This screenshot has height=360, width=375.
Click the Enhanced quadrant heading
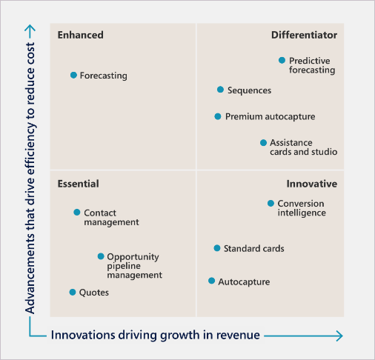point(81,35)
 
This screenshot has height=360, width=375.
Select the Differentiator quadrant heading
point(304,35)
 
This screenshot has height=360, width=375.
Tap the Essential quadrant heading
point(79,184)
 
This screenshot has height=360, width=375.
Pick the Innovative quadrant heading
point(312,184)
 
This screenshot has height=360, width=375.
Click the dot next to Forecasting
point(73,75)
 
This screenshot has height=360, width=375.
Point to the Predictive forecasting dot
point(282,60)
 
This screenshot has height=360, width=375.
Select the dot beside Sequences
point(220,90)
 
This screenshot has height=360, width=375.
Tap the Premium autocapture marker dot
point(218,116)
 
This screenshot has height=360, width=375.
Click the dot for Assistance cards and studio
point(263,142)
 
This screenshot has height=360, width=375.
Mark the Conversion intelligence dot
point(271,203)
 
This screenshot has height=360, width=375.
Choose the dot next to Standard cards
point(217,248)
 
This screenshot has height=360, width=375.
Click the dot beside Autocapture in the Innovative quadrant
point(211,281)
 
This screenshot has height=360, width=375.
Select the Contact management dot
point(77,212)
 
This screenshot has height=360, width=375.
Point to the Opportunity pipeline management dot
point(101,256)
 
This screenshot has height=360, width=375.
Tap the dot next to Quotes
point(73,292)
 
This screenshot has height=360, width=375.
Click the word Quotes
point(94,293)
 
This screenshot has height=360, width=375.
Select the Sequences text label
point(249,90)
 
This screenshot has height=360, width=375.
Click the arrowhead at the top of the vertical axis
point(30,27)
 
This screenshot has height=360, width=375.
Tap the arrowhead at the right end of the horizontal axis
point(339,336)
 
